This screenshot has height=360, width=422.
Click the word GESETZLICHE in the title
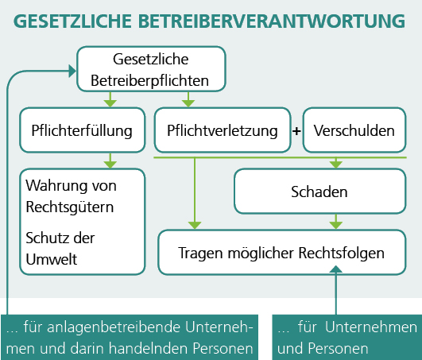click(x=72, y=21)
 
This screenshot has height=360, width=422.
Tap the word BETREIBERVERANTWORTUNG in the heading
click(x=272, y=21)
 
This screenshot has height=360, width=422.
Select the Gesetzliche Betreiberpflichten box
click(x=151, y=69)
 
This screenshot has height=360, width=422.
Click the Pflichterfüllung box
click(x=83, y=130)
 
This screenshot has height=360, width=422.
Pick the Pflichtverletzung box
click(x=223, y=130)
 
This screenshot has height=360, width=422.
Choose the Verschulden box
click(x=354, y=130)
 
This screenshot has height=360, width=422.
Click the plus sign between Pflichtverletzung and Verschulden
click(x=296, y=131)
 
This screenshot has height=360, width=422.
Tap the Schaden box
click(x=319, y=192)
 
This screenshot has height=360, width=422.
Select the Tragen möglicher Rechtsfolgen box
click(x=282, y=253)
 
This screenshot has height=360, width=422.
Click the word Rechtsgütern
click(x=70, y=207)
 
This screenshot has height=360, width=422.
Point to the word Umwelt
click(x=52, y=259)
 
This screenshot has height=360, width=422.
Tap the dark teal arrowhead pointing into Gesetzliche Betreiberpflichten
click(x=72, y=71)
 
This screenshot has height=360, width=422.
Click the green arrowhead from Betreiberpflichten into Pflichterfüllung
click(x=110, y=103)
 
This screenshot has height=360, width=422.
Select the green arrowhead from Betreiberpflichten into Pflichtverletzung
click(x=188, y=103)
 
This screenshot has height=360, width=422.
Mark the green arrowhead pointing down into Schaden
click(x=336, y=165)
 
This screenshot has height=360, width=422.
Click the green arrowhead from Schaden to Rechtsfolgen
click(x=336, y=226)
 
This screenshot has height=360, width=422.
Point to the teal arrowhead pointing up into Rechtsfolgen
click(x=336, y=269)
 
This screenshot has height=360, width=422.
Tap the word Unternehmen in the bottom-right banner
click(x=371, y=327)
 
